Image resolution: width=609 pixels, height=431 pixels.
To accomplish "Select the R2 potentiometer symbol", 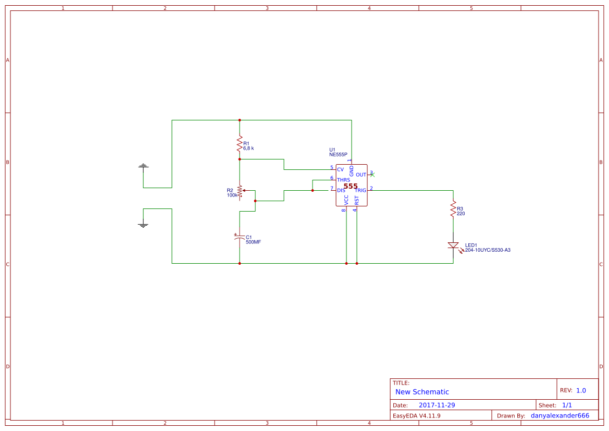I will pyautogui.click(x=240, y=191).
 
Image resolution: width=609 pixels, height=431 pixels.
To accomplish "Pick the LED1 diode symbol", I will pyautogui.click(x=453, y=245).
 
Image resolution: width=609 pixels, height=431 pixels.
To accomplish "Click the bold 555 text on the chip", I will pyautogui.click(x=351, y=186).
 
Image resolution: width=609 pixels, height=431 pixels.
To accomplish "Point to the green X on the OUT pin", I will pyautogui.click(x=372, y=175).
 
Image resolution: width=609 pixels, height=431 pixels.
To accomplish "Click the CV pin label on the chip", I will pyautogui.click(x=340, y=169).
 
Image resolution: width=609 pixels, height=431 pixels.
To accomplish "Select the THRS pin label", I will pyautogui.click(x=343, y=180).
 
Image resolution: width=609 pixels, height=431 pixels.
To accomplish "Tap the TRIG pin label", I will pyautogui.click(x=361, y=190).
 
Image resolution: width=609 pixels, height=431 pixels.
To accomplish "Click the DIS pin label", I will pyautogui.click(x=341, y=190).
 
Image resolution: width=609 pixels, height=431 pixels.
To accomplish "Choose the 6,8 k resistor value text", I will pyautogui.click(x=248, y=149).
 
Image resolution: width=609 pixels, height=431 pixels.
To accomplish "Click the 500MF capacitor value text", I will pyautogui.click(x=253, y=242).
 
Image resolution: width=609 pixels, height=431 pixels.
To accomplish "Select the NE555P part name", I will pyautogui.click(x=338, y=155).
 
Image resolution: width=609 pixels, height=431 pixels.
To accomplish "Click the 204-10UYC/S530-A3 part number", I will pyautogui.click(x=488, y=250).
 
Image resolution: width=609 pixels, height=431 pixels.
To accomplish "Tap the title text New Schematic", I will pyautogui.click(x=422, y=392).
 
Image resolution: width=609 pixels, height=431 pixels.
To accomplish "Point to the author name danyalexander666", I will pyautogui.click(x=560, y=416).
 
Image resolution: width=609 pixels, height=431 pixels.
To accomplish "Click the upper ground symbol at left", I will pyautogui.click(x=143, y=166).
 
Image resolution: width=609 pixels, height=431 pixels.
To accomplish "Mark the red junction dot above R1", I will pyautogui.click(x=240, y=120).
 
